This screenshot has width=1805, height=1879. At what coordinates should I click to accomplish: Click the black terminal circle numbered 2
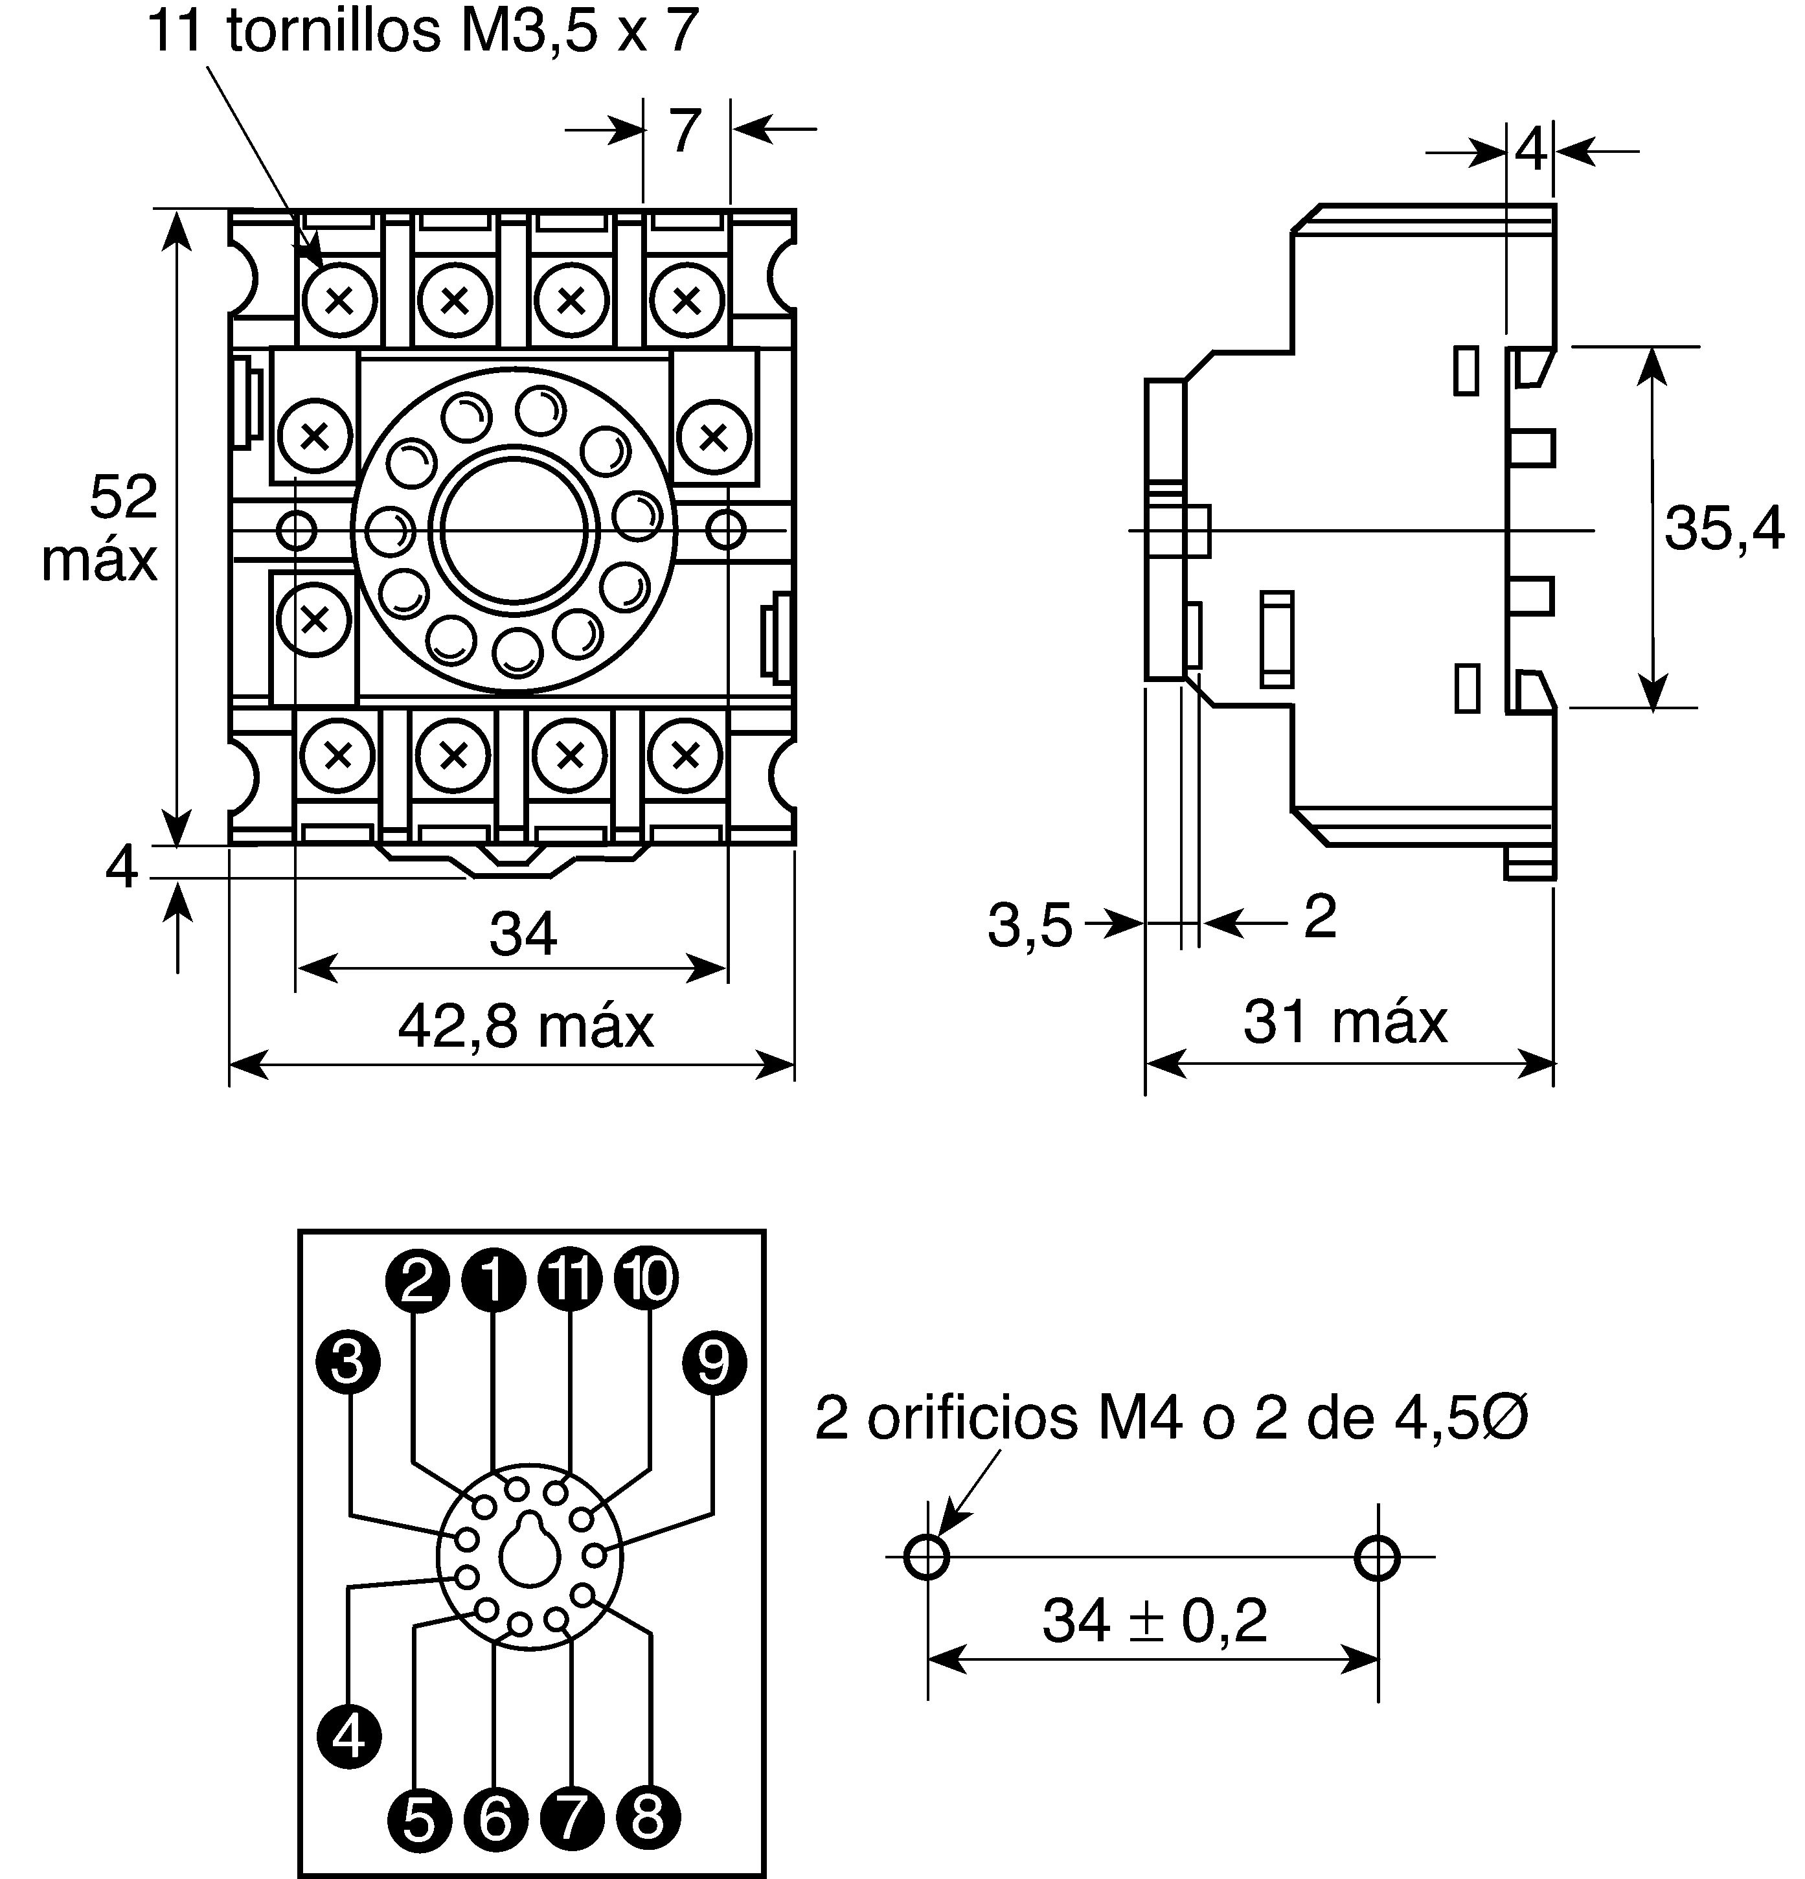[417, 1279]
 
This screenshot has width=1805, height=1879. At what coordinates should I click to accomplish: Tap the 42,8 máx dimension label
[525, 1026]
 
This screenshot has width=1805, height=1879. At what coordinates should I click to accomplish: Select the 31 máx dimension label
[1345, 1022]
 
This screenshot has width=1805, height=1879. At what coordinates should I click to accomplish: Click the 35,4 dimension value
[1723, 529]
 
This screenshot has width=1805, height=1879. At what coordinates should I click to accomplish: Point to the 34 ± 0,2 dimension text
[1154, 1620]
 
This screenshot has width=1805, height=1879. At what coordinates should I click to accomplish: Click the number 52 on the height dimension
[124, 497]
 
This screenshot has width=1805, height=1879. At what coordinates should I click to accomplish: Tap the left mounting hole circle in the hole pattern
[927, 1557]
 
